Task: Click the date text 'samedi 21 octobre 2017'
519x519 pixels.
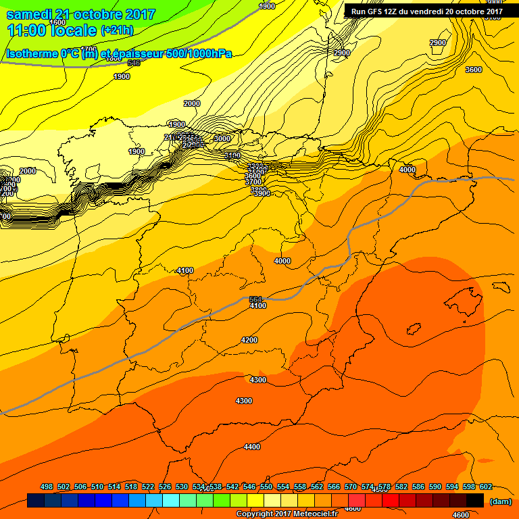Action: coord(80,14)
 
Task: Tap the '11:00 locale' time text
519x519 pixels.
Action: coord(51,30)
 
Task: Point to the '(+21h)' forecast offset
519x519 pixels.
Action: coord(117,30)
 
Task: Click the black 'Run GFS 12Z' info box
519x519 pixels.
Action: coord(426,11)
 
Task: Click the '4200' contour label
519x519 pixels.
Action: coord(249,340)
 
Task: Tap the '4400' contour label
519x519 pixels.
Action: coord(252,447)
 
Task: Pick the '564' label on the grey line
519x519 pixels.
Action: coord(255,299)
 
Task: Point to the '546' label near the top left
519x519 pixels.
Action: coord(133,63)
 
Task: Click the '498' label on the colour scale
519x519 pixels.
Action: coord(47,487)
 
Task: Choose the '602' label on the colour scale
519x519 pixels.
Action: coord(485,487)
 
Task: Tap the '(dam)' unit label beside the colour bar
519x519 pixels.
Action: coord(500,501)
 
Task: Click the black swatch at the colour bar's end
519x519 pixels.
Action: coord(475,501)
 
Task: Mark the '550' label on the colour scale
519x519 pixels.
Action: coord(266,487)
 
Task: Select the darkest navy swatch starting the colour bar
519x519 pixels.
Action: coord(36,501)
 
